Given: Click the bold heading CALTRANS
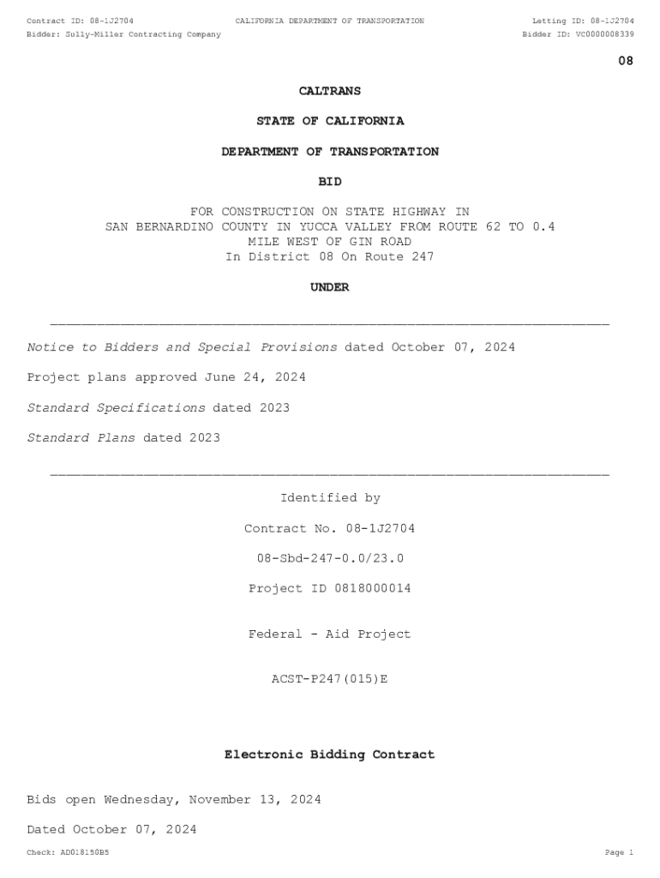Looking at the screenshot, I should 330,91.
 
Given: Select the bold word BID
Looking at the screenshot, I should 330,182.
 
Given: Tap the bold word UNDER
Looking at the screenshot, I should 330,287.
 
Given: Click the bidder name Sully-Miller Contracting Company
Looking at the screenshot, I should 143,34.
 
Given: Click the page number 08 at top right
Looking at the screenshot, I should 626,61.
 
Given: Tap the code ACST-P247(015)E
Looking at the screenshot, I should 330,679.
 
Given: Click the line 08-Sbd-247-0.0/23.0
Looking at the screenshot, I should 330,558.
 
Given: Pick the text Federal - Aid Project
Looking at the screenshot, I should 330,634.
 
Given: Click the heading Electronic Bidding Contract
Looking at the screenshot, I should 330,755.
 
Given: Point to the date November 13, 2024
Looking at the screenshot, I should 255,800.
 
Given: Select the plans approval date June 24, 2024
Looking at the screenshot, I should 255,377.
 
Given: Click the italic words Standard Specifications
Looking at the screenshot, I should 117,408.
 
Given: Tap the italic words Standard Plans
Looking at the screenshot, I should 81,438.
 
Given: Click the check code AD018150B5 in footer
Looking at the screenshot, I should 85,852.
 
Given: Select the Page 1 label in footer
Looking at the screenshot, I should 619,852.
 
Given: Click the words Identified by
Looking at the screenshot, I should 330,498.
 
